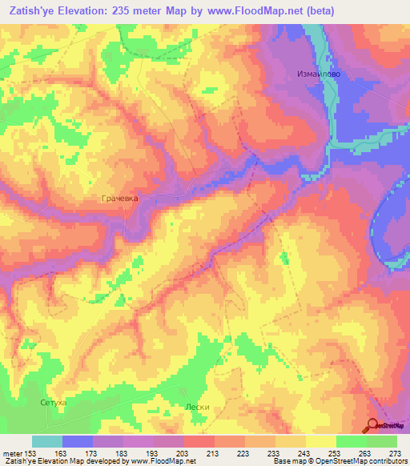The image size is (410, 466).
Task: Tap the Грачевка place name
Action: [x=120, y=196]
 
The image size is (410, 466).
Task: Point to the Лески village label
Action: [x=197, y=407]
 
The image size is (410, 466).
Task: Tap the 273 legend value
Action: [x=396, y=452]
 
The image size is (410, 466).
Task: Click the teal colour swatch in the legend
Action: [x=47, y=441]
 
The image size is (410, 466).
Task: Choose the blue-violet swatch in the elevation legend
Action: [x=78, y=441]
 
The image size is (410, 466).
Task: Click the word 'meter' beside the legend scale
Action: [x=12, y=452]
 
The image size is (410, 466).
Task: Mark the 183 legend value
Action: [x=123, y=452]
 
